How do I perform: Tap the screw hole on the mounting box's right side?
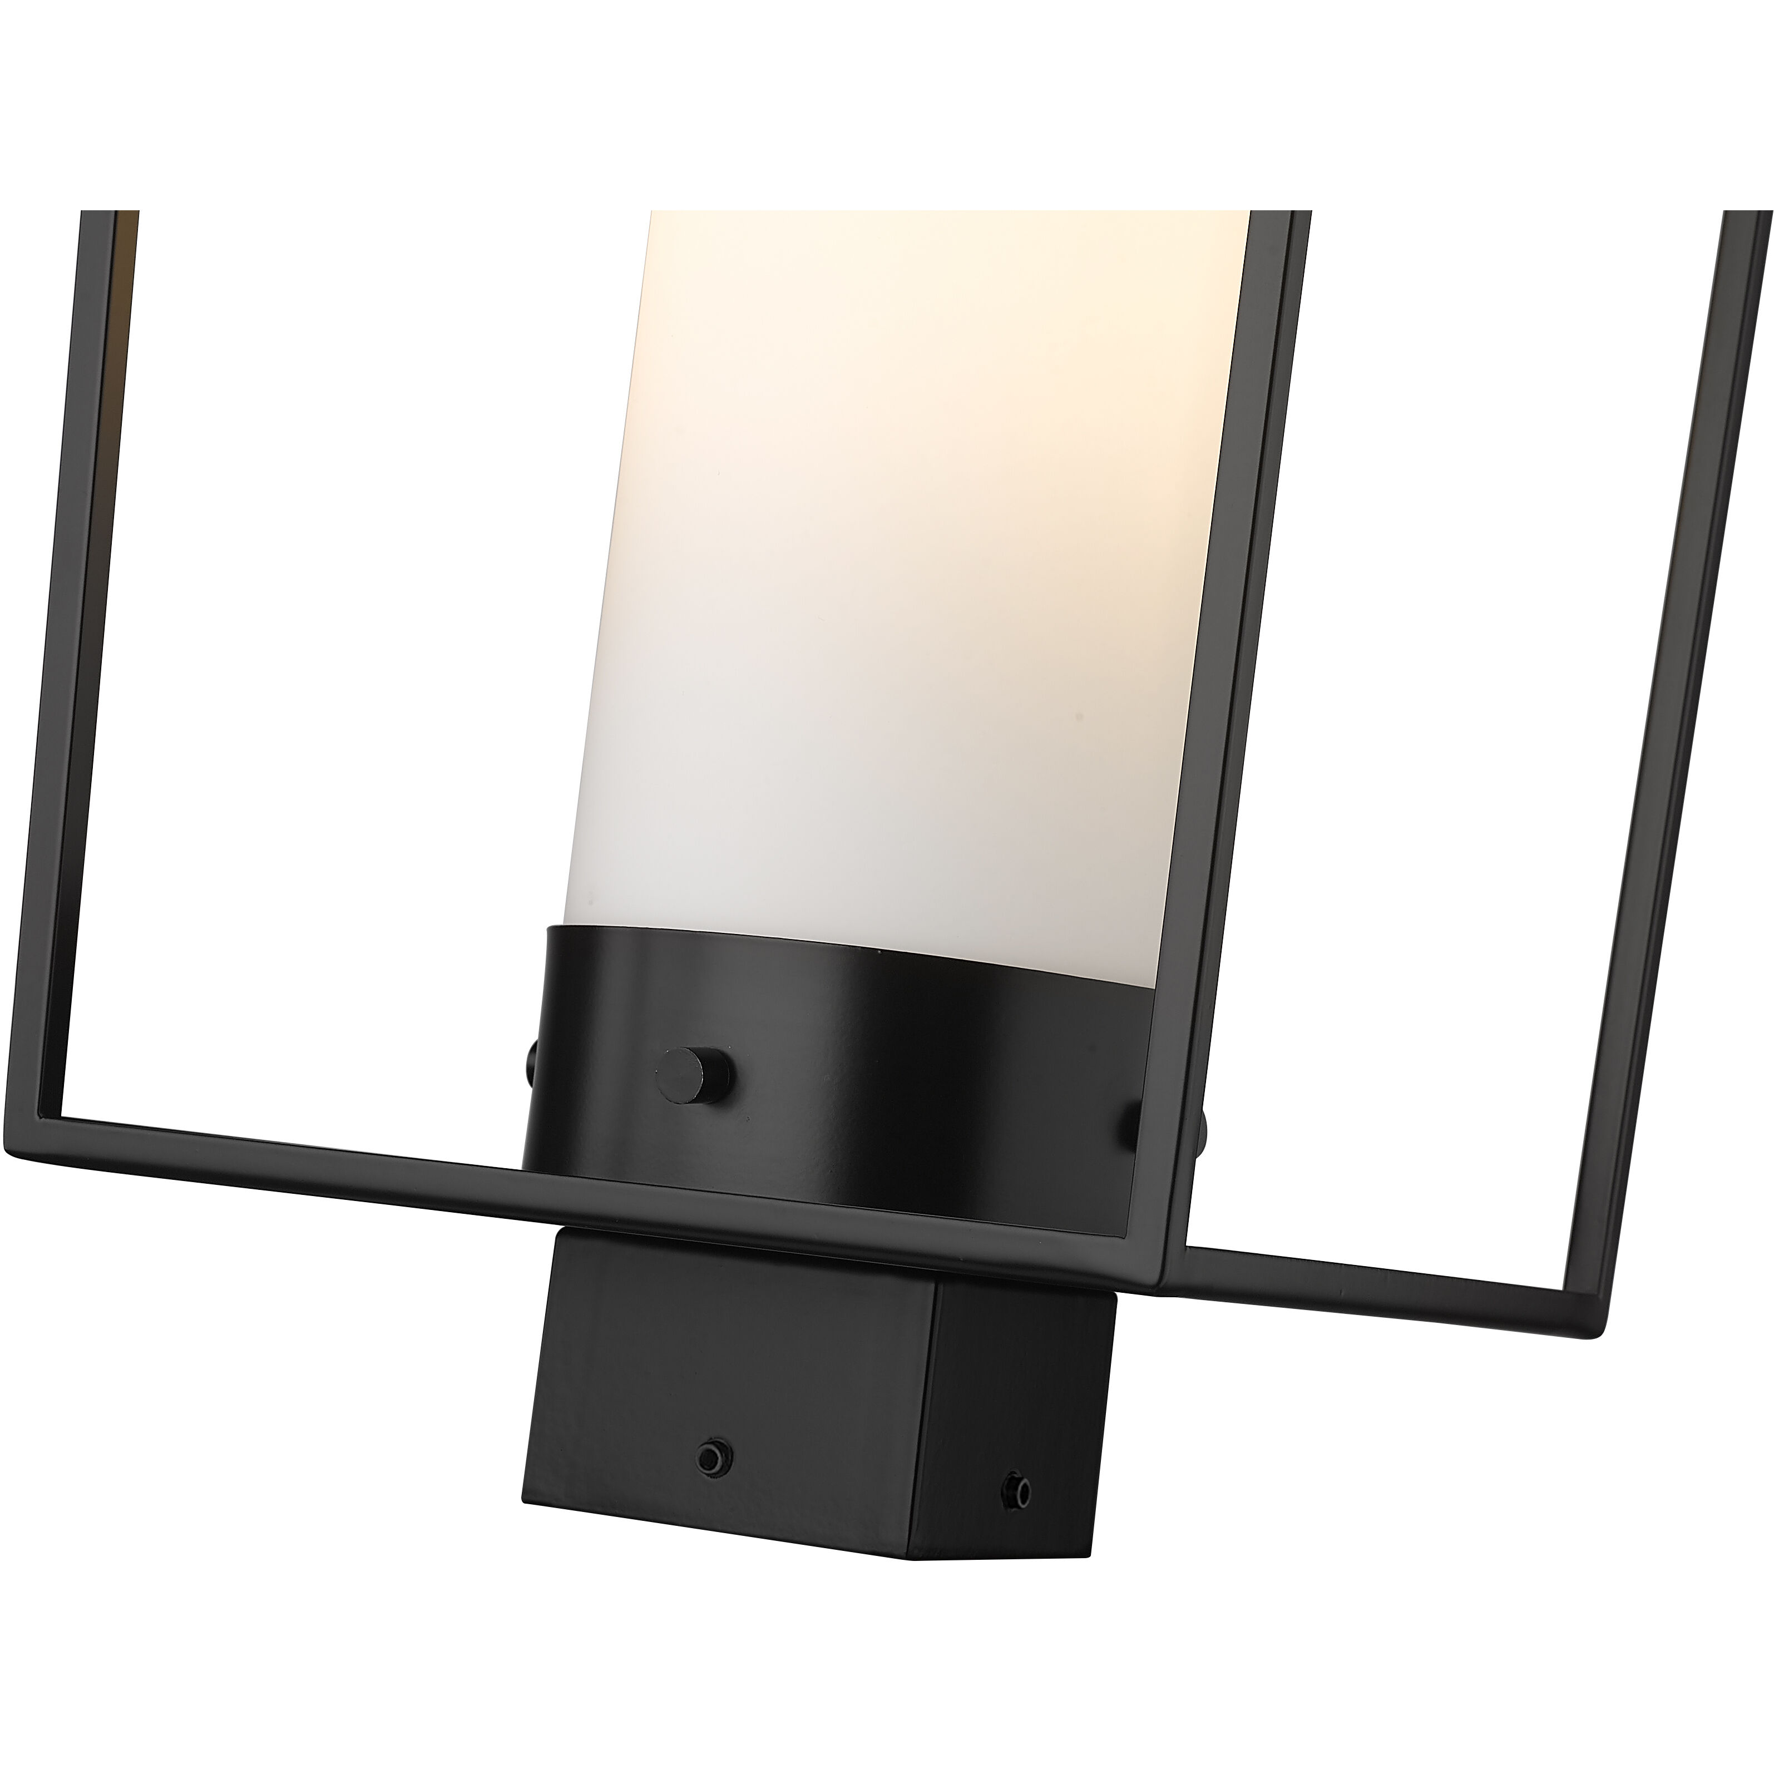[1016, 1509]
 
